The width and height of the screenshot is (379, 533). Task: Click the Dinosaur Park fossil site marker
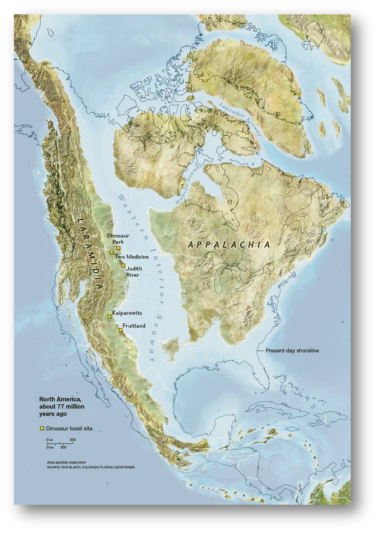[x=118, y=248]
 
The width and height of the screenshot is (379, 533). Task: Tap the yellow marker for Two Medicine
[x=112, y=252]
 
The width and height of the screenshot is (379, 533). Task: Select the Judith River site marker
[x=123, y=265]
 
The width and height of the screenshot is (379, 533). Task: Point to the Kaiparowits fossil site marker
[x=109, y=317]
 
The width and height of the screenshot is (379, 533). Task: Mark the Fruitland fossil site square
[x=120, y=330]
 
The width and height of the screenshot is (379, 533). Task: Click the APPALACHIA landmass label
[x=229, y=245]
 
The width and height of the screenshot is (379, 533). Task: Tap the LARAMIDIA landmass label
[x=90, y=253]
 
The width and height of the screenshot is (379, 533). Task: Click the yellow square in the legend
[x=42, y=429]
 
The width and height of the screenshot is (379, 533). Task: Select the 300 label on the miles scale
[x=72, y=440]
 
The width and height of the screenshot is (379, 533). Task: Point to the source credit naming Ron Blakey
[x=91, y=467]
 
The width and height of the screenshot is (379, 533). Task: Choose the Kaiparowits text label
[x=127, y=313]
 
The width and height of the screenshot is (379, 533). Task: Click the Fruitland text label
[x=134, y=326]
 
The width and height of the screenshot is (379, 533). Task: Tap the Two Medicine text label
[x=131, y=257]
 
